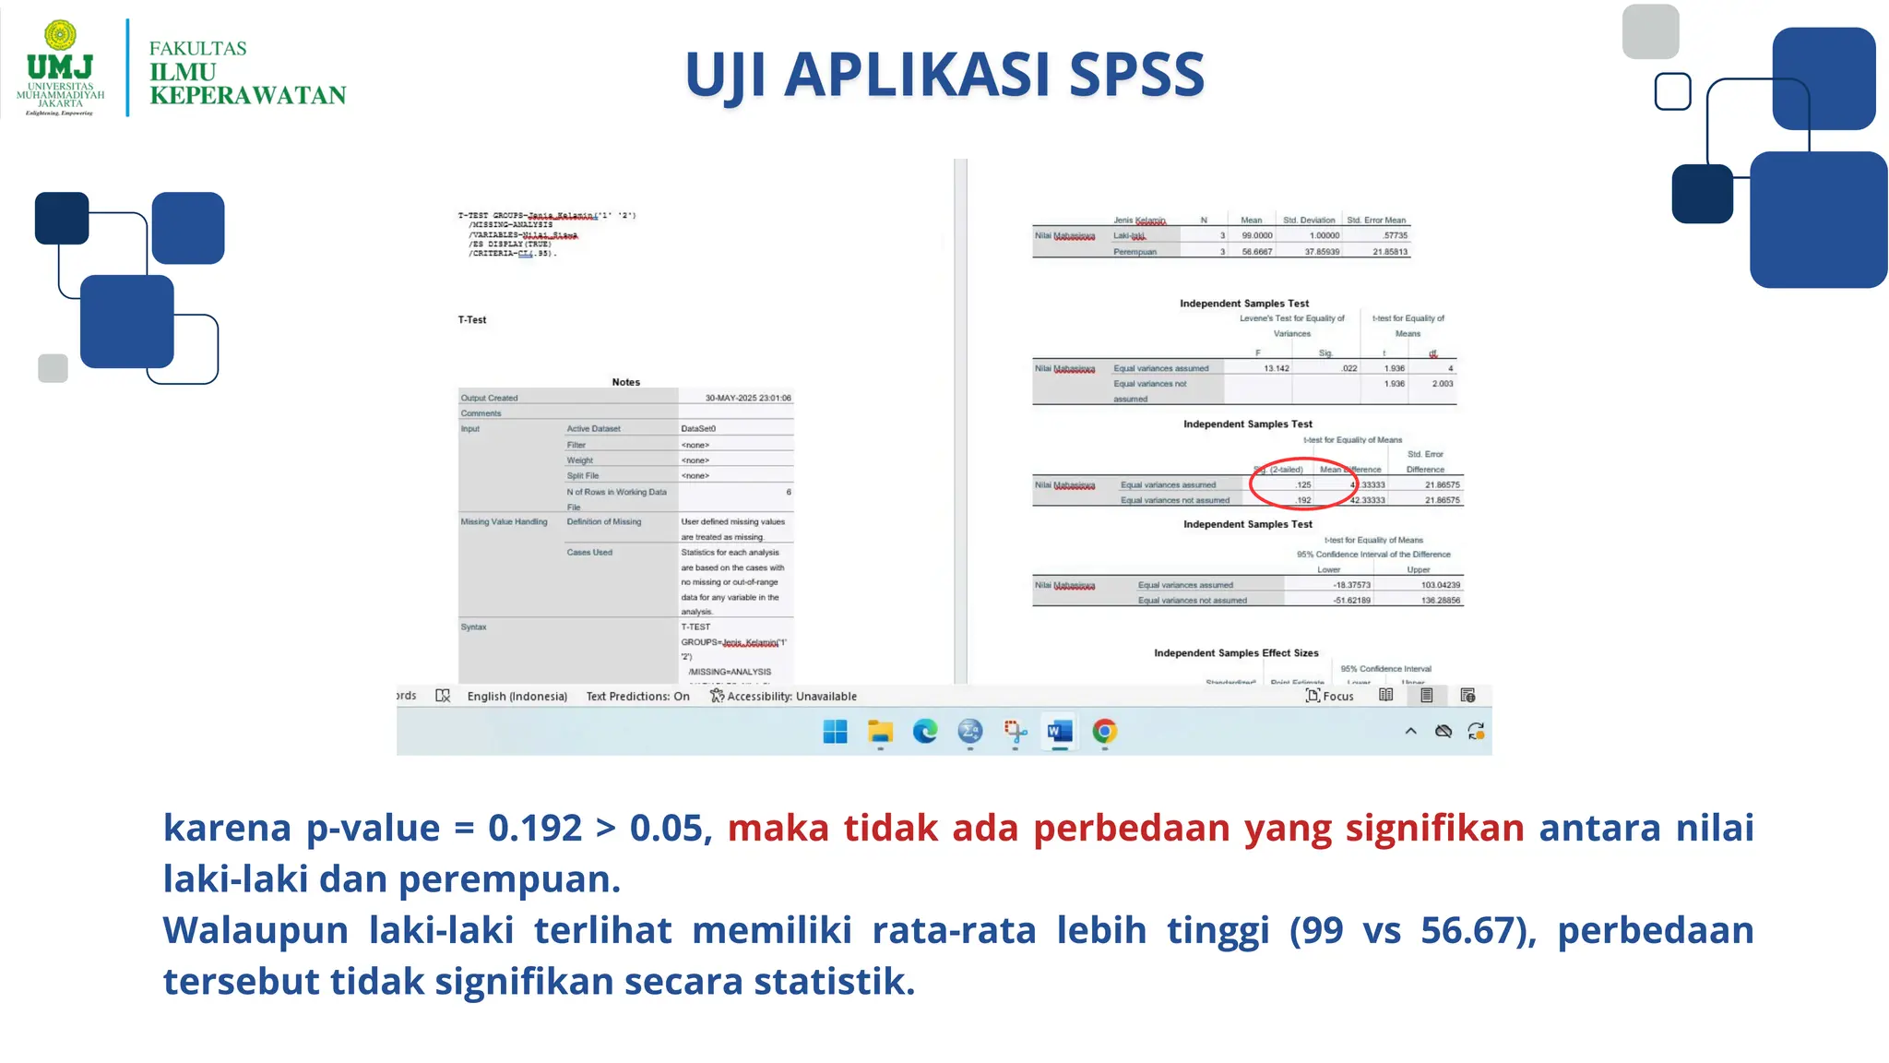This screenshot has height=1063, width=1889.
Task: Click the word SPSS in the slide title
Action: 1136,75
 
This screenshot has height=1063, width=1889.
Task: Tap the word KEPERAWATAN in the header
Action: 247,96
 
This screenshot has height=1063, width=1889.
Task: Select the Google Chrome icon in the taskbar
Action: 1104,732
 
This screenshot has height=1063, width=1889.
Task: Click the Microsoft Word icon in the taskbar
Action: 1059,732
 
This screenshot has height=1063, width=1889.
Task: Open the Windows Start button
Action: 835,732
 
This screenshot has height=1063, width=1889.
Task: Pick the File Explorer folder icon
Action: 880,732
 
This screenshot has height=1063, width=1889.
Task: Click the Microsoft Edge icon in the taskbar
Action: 924,732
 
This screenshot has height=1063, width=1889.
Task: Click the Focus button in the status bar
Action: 1330,696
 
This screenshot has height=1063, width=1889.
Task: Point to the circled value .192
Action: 1302,500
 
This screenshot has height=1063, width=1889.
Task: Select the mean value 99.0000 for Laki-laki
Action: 1256,235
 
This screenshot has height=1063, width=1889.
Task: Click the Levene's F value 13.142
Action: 1276,368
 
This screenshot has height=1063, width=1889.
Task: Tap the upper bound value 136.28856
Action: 1440,600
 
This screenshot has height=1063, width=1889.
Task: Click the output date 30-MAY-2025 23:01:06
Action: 747,398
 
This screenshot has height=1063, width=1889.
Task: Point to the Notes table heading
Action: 625,382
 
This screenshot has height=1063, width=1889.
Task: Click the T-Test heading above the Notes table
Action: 472,320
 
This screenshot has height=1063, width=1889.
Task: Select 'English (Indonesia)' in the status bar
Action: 517,696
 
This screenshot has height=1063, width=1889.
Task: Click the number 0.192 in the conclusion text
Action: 535,828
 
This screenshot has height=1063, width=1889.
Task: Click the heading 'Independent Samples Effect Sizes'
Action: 1236,652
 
